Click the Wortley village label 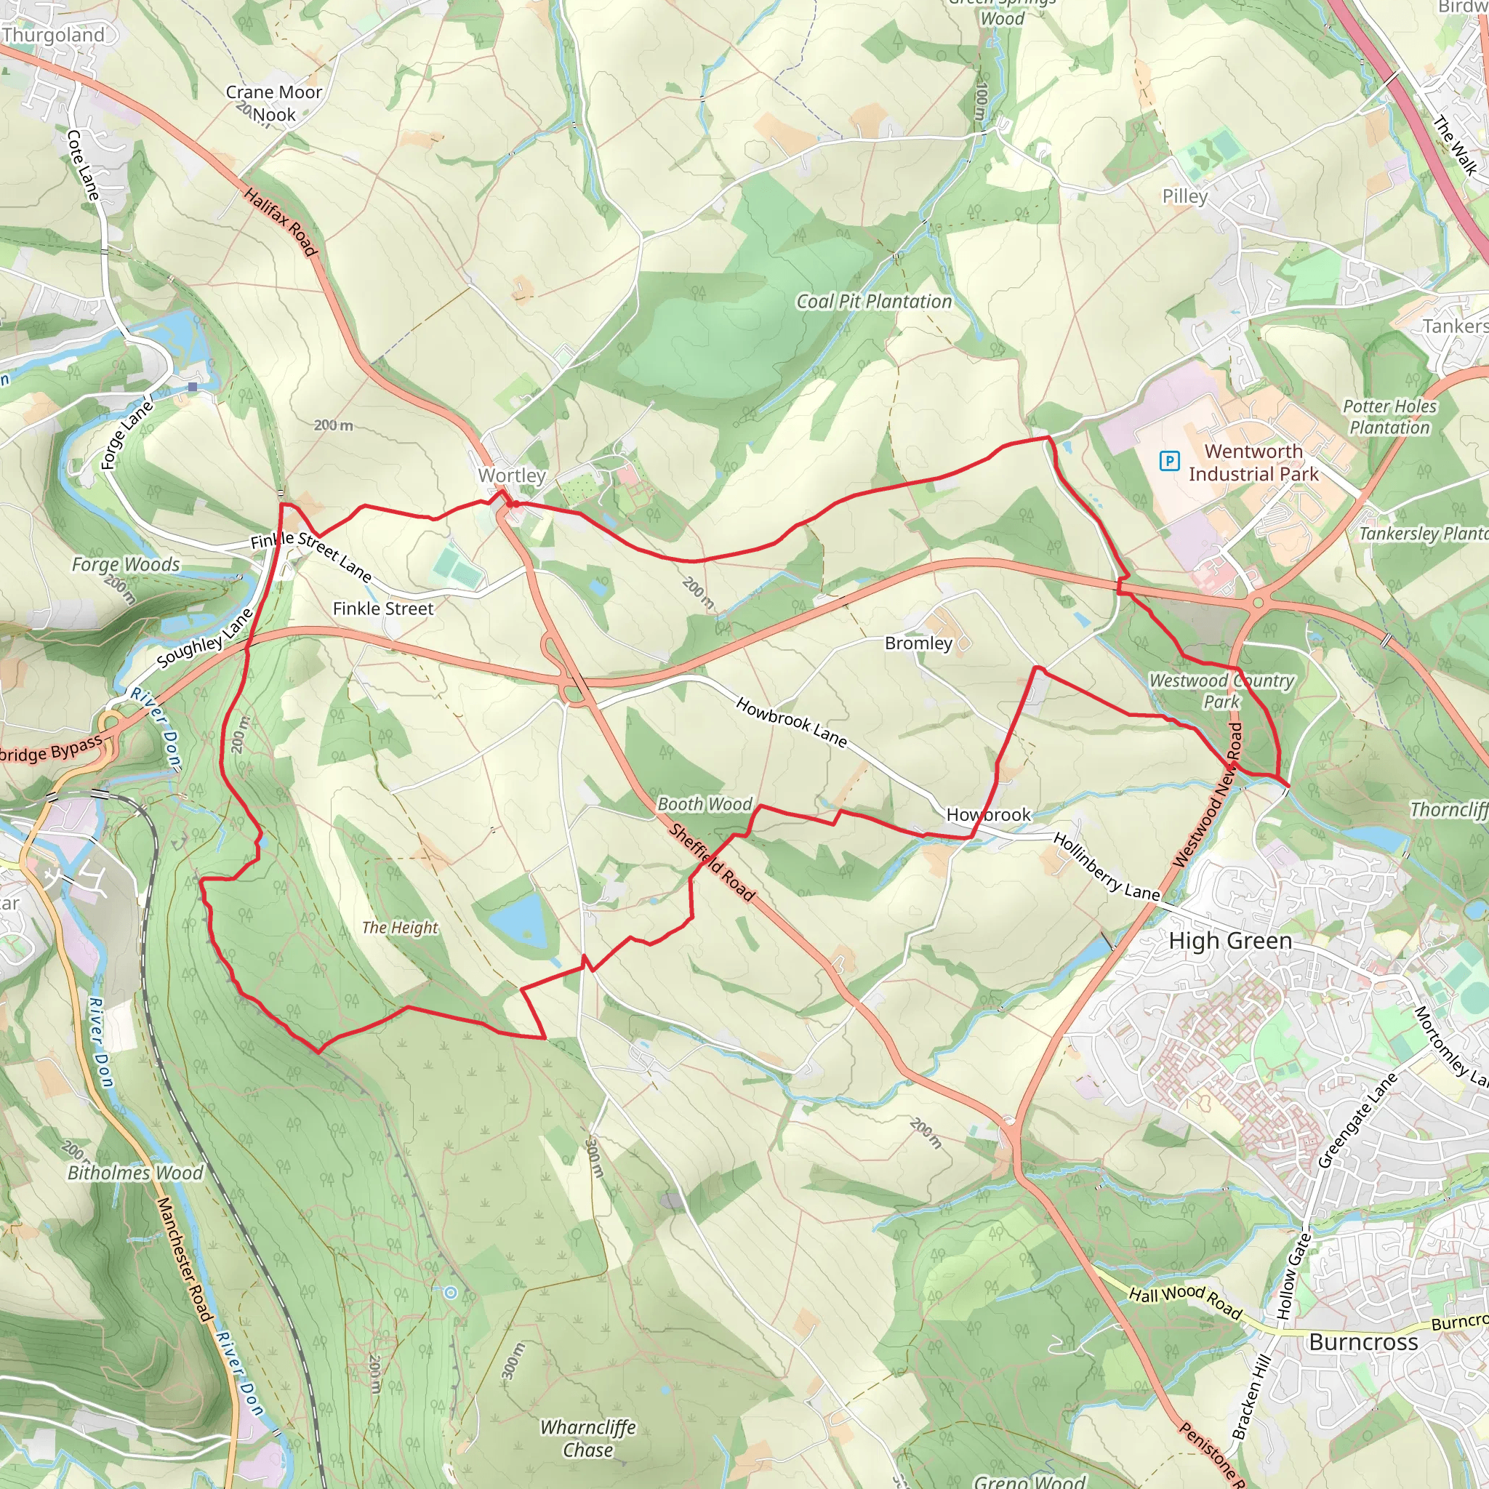[512, 475]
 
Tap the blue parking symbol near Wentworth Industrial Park [1169, 461]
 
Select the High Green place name [1230, 941]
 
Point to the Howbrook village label [988, 814]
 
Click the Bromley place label [918, 643]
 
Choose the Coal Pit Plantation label [874, 301]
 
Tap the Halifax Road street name [281, 221]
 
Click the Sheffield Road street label [711, 862]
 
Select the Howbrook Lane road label [792, 722]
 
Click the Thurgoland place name [53, 35]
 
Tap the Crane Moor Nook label [273, 103]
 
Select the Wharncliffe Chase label [588, 1438]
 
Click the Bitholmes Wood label [136, 1173]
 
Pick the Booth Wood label [705, 804]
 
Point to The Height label [400, 927]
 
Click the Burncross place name [1363, 1342]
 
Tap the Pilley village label [1184, 196]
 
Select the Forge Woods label [126, 564]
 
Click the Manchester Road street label [184, 1259]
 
